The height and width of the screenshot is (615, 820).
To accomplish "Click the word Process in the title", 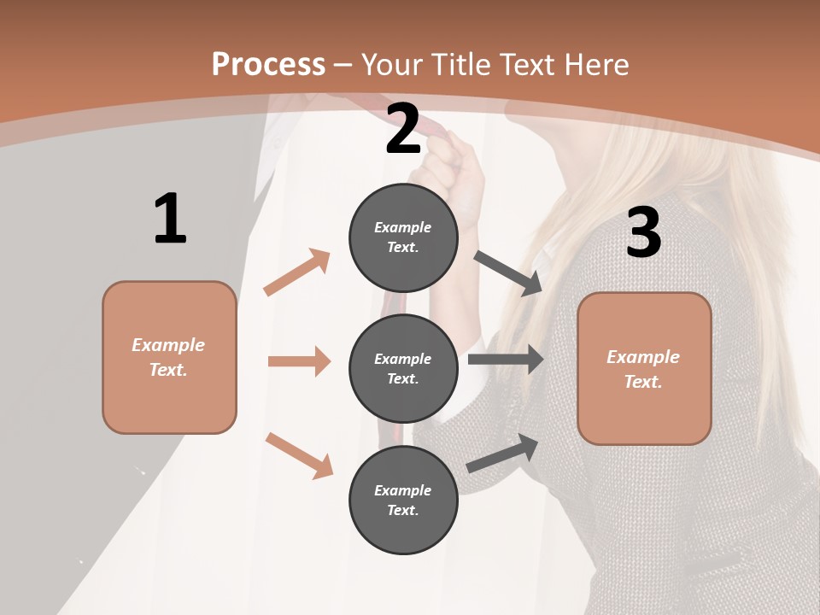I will click(268, 65).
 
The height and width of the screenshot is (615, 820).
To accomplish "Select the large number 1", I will click(169, 219).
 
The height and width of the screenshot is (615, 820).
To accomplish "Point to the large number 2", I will click(403, 130).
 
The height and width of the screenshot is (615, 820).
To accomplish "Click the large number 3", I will click(643, 233).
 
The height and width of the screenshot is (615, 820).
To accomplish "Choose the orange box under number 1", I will click(169, 357).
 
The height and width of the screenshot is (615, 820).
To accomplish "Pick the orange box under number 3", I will click(644, 369).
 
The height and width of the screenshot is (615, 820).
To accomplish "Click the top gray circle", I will click(403, 237).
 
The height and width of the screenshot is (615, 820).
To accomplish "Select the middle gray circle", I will click(403, 369).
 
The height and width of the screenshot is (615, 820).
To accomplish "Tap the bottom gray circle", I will click(403, 501).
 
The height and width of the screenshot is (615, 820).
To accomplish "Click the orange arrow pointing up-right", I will click(297, 272).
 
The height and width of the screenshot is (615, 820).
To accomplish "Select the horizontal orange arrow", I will click(299, 361).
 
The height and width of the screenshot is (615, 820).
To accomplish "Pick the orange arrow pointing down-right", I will click(299, 455).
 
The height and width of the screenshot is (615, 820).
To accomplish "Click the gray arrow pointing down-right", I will click(508, 273).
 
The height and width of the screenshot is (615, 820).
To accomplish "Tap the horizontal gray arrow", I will click(506, 360).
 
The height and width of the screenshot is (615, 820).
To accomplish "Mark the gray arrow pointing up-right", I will click(502, 454).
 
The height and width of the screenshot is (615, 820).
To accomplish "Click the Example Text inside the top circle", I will click(403, 237).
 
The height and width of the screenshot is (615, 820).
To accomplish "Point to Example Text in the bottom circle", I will click(403, 501).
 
